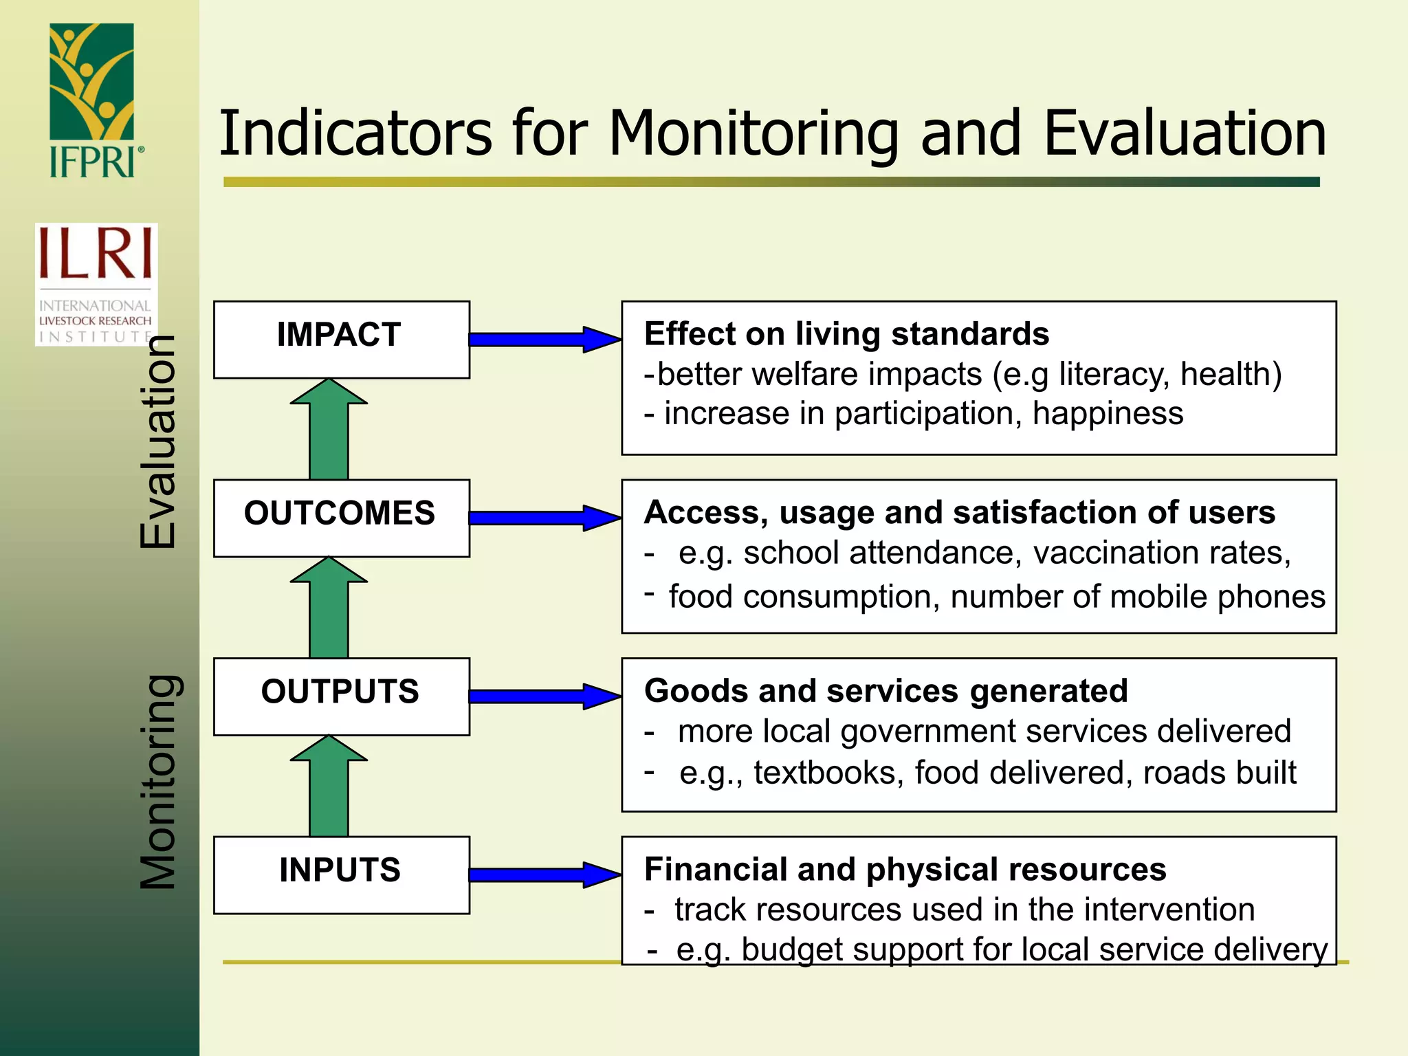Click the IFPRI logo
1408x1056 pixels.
93,100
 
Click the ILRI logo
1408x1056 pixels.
96,283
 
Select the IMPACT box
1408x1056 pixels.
341,339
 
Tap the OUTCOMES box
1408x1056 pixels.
341,517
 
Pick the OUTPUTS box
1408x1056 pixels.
341,696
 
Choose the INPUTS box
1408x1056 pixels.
341,874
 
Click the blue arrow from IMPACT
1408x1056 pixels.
543,339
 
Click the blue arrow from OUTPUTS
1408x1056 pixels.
543,696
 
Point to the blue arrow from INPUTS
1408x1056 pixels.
543,874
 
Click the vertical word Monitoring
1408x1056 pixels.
159,782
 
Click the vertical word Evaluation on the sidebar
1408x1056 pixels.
159,441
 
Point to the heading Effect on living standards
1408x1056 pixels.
846,334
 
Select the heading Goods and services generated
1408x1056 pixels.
885,691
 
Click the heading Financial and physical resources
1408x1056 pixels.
905,869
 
